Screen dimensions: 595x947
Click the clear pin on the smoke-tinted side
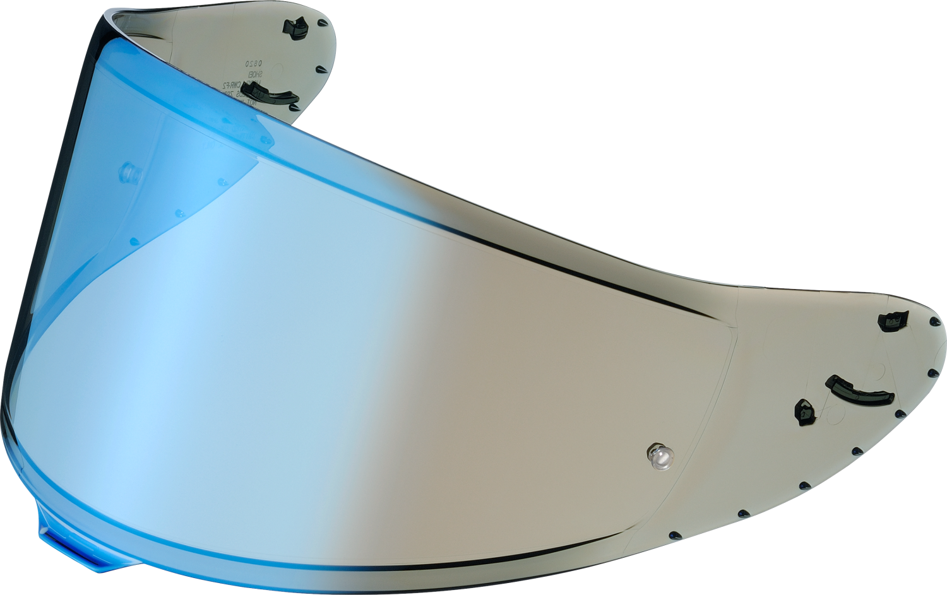pos(659,456)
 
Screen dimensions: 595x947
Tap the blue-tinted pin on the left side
pos(129,171)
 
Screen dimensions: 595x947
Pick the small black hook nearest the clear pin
pos(804,412)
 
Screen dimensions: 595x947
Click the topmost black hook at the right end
pos(893,321)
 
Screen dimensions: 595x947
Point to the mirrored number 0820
pos(253,63)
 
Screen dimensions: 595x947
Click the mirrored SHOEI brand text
pos(253,74)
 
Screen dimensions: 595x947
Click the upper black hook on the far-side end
pos(295,27)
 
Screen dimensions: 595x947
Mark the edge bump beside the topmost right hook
pos(934,321)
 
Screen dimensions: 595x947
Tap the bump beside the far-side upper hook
pos(323,23)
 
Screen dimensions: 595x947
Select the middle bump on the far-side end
pos(320,69)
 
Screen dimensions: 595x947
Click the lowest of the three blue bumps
pos(134,242)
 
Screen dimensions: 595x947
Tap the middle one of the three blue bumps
pos(179,213)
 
